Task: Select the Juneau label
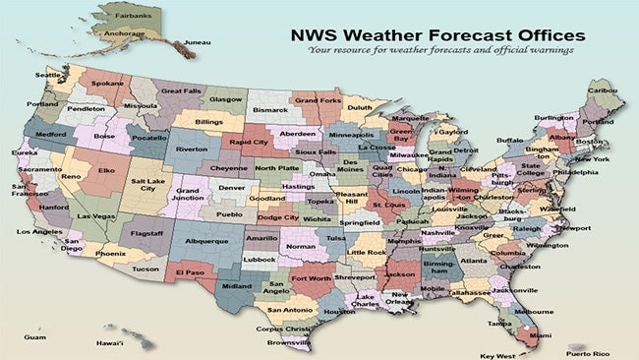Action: point(197,42)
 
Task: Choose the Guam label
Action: point(34,336)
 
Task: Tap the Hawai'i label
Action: point(109,343)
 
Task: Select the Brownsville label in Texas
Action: point(288,343)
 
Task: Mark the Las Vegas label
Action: point(96,215)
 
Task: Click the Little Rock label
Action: point(367,253)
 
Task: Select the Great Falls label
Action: point(181,90)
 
